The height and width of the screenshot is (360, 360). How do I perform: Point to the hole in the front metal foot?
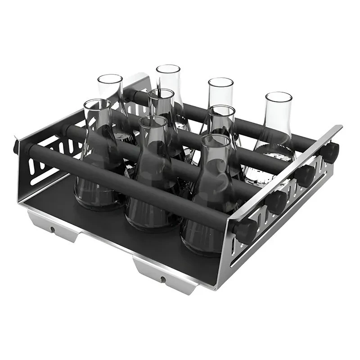pos(163,279)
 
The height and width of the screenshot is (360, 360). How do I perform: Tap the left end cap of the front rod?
pos(16,146)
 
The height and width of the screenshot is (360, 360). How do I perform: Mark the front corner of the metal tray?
pos(216,288)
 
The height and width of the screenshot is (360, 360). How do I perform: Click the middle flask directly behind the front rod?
pos(153,180)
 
